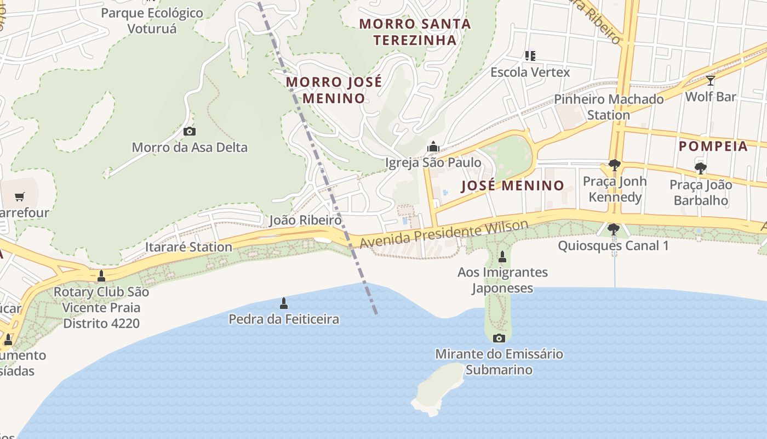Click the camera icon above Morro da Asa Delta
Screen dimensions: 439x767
[190, 132]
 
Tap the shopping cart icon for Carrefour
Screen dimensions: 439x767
[20, 196]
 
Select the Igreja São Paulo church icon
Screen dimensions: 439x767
[433, 147]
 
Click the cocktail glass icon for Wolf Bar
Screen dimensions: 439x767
[711, 81]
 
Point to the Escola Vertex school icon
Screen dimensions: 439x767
[530, 56]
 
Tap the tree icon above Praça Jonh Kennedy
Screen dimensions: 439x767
[614, 165]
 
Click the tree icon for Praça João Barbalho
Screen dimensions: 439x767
[700, 168]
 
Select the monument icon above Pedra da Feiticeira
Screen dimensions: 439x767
[284, 303]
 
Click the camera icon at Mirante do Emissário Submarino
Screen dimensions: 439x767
[499, 338]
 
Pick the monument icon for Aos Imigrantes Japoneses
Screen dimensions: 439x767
[502, 256]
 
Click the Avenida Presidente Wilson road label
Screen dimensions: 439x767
[444, 234]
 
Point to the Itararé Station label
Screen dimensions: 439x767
[188, 247]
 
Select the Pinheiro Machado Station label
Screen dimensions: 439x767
[609, 107]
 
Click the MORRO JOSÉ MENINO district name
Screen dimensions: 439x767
[334, 90]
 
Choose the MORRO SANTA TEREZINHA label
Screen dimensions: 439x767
[415, 32]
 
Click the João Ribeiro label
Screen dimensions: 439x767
[305, 220]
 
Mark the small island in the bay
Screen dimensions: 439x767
[438, 389]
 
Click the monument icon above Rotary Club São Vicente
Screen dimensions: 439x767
[101, 275]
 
